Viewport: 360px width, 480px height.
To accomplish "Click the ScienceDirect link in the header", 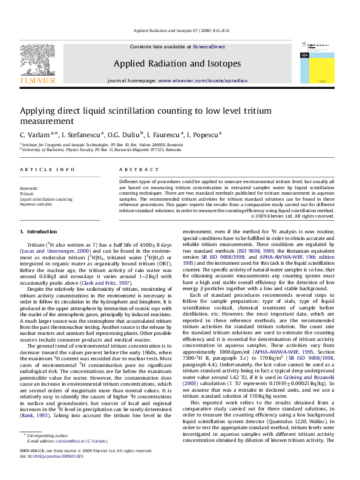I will click(211, 47).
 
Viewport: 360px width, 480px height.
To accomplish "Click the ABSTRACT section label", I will click(134, 171).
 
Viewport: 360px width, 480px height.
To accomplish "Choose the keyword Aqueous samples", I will click(36, 204).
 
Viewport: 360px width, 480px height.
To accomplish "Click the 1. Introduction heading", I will click(39, 232).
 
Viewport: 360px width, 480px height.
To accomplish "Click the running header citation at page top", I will click(180, 30).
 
